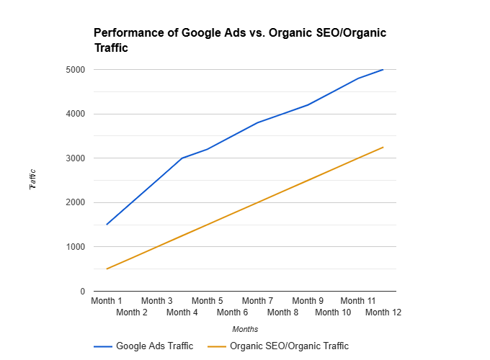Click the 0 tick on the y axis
tap(82, 292)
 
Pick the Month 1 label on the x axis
tap(107, 301)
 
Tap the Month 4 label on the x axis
tap(182, 312)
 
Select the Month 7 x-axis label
tap(257, 301)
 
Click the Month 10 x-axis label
tap(333, 312)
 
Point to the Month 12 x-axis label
tap(383, 312)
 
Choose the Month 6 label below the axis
tap(232, 312)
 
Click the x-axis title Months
tap(245, 329)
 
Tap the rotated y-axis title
tap(33, 180)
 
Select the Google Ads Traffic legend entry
tap(144, 346)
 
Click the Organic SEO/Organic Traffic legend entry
tap(279, 346)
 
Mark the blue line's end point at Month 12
tap(383, 70)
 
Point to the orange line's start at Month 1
tap(107, 269)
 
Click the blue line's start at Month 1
tap(107, 225)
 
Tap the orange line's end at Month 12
tap(383, 147)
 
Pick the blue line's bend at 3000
tap(182, 158)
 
